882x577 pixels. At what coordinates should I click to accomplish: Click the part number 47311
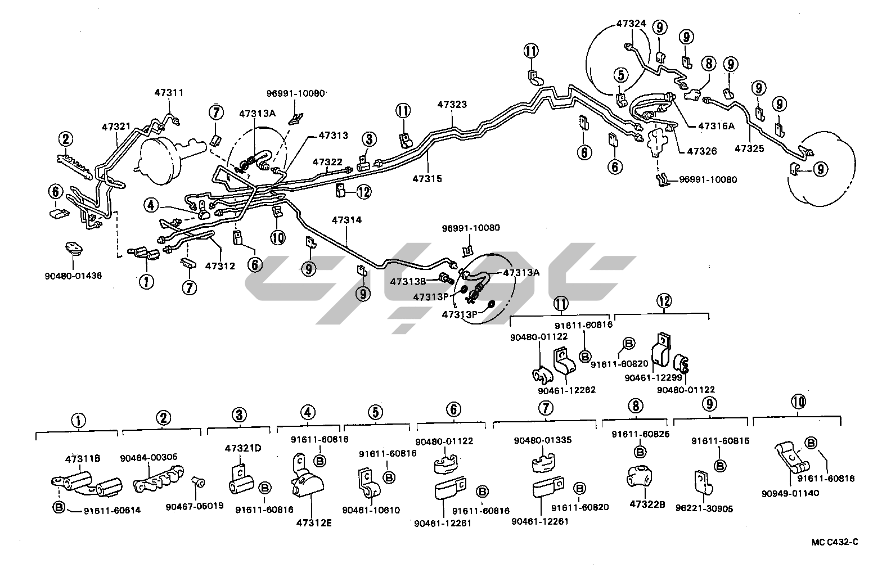[170, 92]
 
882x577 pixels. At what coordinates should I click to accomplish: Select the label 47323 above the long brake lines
[452, 105]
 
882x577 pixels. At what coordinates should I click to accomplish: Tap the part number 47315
[427, 179]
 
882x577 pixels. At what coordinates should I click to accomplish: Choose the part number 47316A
[716, 126]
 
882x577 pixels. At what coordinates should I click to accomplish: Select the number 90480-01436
[73, 276]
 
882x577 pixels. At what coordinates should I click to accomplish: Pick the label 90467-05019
[195, 506]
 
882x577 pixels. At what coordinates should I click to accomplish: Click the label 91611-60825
[640, 434]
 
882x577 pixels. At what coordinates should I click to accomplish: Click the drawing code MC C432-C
[835, 542]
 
